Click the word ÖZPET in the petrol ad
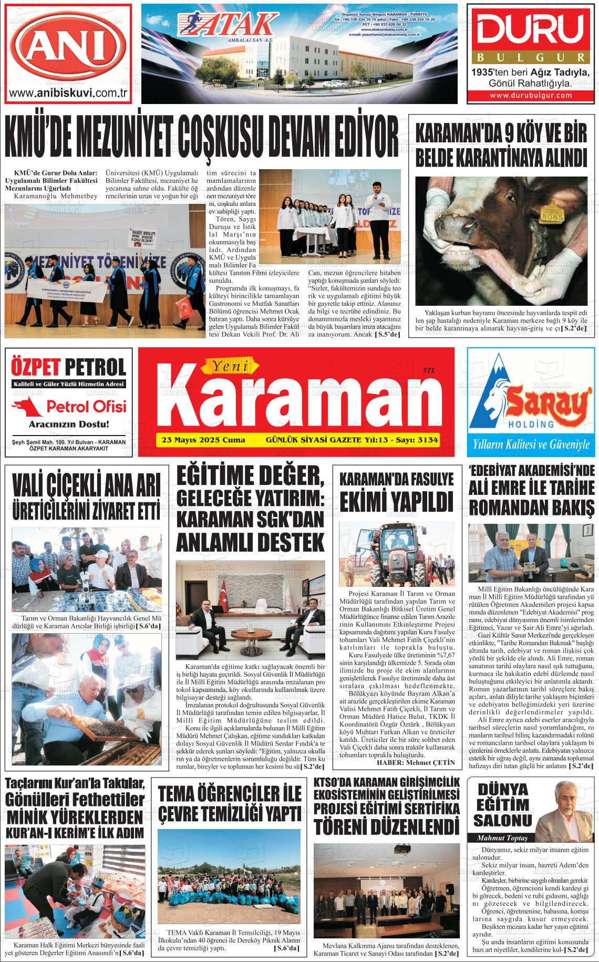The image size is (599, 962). tap(38, 366)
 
